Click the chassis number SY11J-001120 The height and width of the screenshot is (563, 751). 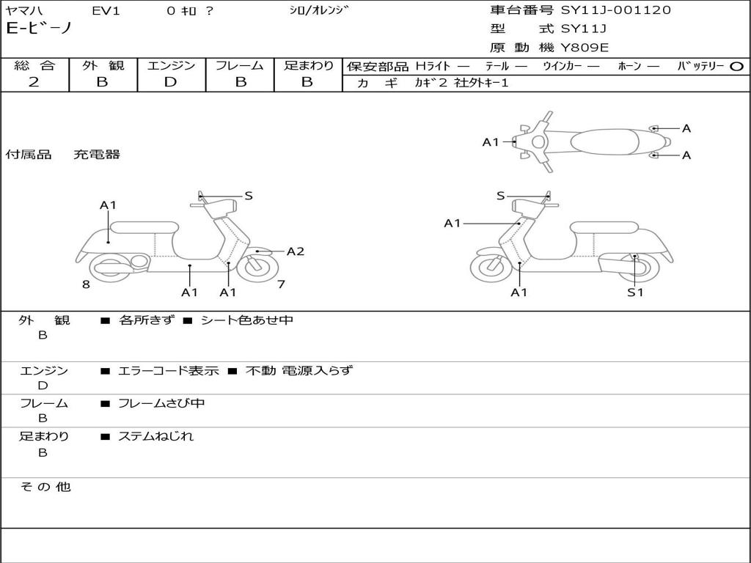click(615, 10)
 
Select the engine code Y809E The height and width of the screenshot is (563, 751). click(585, 48)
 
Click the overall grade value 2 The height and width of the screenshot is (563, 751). click(34, 82)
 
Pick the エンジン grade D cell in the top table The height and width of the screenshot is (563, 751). click(170, 82)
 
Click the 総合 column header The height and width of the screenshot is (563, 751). click(34, 65)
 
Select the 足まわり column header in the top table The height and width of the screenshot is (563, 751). click(308, 65)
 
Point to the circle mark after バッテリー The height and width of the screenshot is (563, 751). click(736, 66)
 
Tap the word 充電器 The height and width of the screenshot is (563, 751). click(97, 155)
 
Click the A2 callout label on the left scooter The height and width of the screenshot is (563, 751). click(295, 251)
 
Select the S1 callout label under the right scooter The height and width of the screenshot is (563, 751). click(634, 292)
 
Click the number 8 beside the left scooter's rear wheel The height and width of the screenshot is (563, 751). click(86, 284)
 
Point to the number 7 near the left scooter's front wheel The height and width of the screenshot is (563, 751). click(281, 284)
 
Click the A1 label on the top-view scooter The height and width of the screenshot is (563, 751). click(490, 142)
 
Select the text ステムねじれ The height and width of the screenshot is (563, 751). click(155, 436)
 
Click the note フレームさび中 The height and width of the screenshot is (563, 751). click(161, 403)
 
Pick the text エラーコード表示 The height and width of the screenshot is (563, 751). click(169, 371)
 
